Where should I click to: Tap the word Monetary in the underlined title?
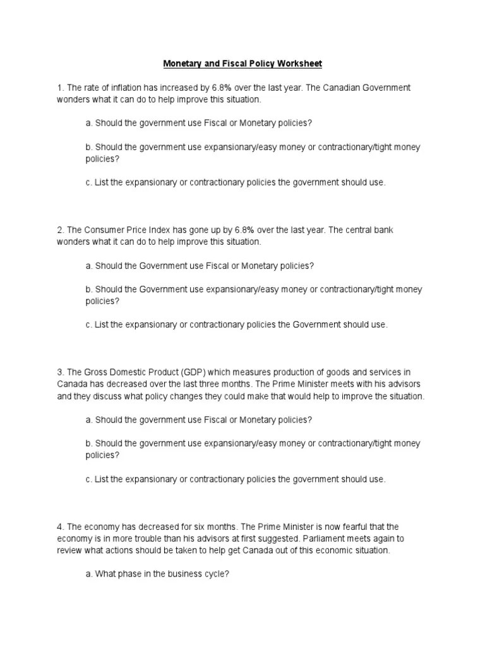coord(183,64)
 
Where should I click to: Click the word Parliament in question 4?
coord(345,538)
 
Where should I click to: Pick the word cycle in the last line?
coord(215,574)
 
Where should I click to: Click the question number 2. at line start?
coord(60,230)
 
